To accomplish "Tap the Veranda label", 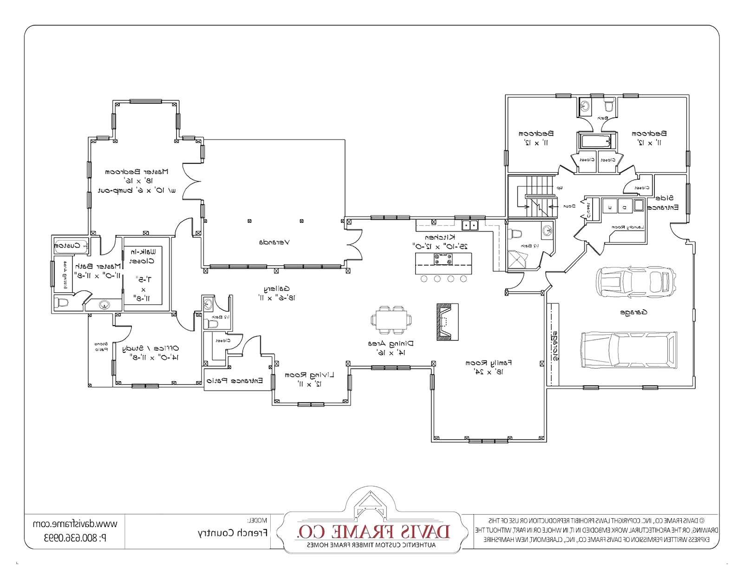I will coord(274,242).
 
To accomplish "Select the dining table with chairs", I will coord(391,320).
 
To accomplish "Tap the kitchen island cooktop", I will coord(443,259).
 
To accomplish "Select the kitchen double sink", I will coord(470,226).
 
